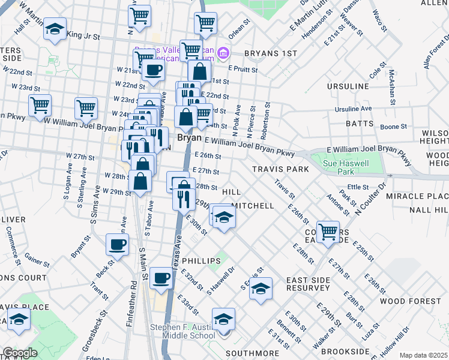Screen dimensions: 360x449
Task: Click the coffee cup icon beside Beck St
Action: tap(117, 244)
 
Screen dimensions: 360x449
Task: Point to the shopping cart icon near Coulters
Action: tap(328, 231)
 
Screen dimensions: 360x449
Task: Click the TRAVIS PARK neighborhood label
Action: tap(280, 169)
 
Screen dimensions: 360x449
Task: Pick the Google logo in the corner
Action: tap(20, 353)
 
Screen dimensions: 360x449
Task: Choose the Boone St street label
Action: tap(394, 127)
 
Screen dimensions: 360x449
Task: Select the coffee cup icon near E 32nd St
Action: tap(161, 278)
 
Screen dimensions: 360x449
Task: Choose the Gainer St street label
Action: tap(37, 261)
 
